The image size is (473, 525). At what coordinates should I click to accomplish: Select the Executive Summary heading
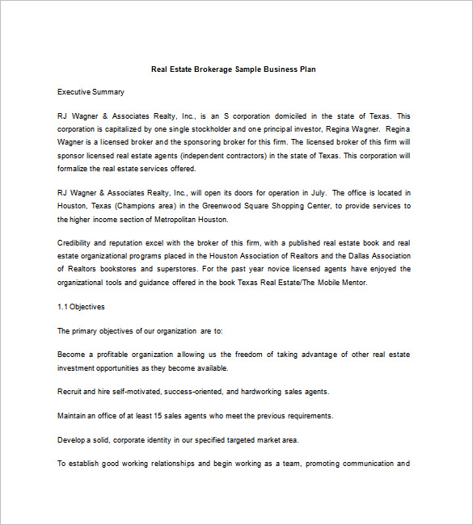point(91,93)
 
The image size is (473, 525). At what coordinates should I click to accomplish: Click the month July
point(316,192)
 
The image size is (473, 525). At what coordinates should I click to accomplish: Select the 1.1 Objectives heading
point(81,307)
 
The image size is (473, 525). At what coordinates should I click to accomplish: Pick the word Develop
point(73,439)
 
